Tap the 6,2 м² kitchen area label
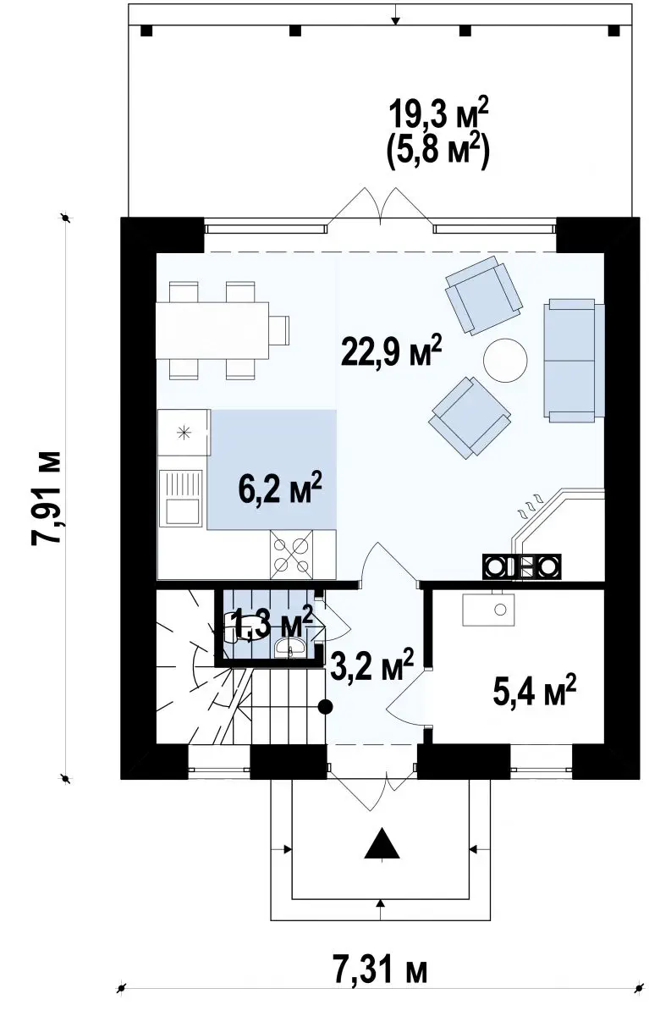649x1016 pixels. [279, 488]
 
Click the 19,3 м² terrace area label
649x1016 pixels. [438, 114]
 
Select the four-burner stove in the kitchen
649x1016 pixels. [291, 555]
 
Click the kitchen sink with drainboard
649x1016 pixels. [181, 498]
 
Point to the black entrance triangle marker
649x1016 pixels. [382, 843]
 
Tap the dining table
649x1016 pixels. [212, 331]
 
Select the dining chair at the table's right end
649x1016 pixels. [279, 330]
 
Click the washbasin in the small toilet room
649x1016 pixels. [290, 647]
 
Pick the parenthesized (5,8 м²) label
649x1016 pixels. [438, 151]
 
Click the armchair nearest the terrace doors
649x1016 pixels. [483, 295]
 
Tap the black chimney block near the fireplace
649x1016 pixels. [521, 566]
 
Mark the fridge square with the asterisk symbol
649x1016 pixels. [184, 433]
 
